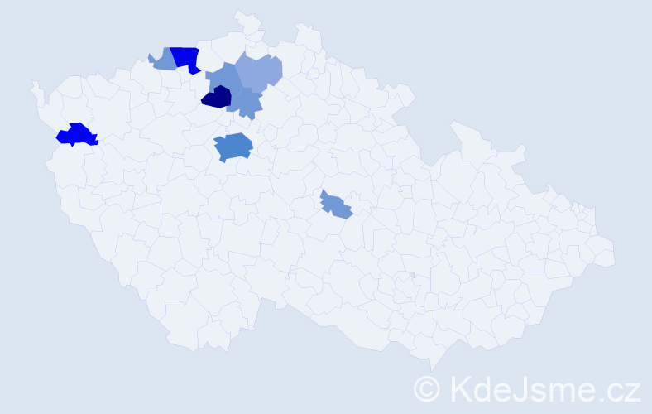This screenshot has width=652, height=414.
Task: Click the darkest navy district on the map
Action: coord(216,98)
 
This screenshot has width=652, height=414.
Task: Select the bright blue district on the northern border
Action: coord(186,59)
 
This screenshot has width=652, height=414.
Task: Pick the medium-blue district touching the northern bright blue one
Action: coord(164,60)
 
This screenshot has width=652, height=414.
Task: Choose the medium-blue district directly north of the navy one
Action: coord(223,77)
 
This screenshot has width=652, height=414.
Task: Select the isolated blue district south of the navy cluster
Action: coord(233,147)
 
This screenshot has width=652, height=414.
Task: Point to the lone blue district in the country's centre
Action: coord(336,205)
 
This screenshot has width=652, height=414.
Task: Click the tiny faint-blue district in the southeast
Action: coord(412,275)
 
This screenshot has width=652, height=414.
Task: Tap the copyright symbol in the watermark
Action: coord(427,388)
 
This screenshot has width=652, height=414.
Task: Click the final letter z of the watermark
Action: coord(632,390)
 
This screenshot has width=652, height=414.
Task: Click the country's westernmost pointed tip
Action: coord(32,83)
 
